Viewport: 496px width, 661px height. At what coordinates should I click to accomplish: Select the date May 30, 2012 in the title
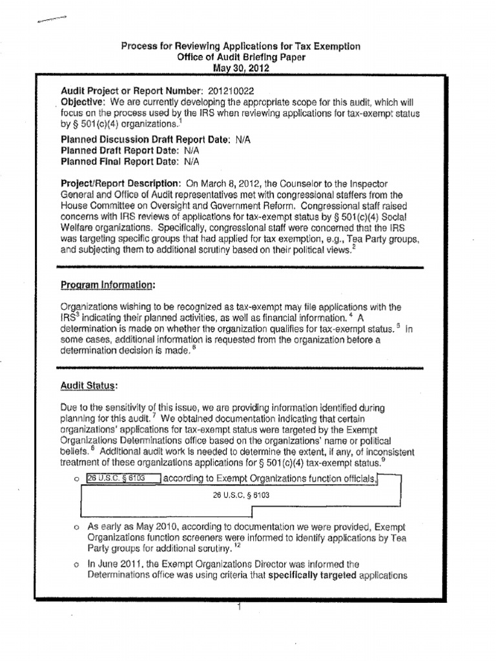coord(241,67)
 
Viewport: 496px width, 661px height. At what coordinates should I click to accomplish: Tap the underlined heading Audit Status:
coord(88,385)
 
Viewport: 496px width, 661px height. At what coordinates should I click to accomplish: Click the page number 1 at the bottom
coord(239,607)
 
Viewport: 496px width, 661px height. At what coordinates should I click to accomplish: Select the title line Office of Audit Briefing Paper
coord(241,57)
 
